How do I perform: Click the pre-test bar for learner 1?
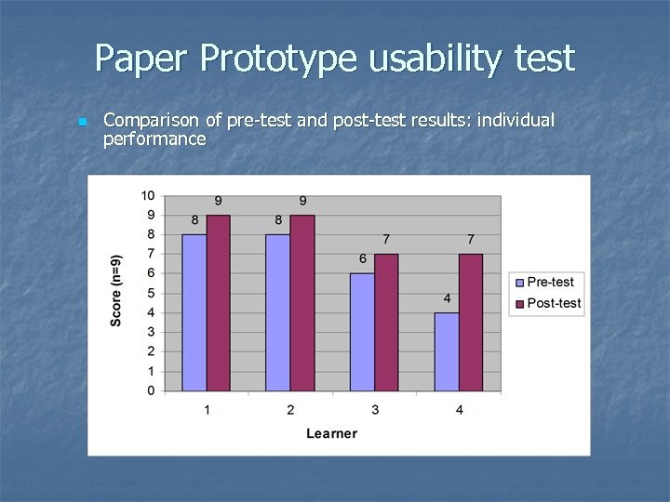(x=194, y=312)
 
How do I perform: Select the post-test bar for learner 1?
(x=219, y=303)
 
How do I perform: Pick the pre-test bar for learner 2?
(x=278, y=312)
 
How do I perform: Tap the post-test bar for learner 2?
(x=302, y=303)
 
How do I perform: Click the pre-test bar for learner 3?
(x=362, y=332)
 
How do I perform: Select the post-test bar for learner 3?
(x=386, y=323)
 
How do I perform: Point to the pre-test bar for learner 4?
(x=447, y=351)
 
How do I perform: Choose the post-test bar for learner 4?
(x=471, y=323)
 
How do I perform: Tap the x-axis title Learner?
(x=332, y=433)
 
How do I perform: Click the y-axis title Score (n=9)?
(x=116, y=289)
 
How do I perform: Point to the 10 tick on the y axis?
(x=148, y=195)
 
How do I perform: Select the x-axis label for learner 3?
(x=375, y=410)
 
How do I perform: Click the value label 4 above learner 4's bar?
(x=447, y=298)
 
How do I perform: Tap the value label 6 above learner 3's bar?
(x=362, y=258)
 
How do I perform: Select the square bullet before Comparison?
(x=83, y=122)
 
